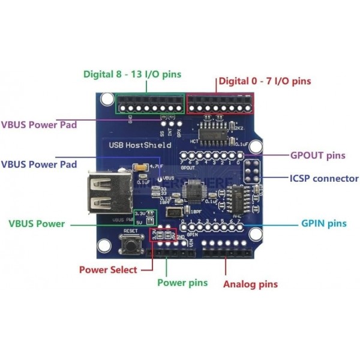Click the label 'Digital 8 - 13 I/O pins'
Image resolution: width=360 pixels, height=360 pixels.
click(x=131, y=74)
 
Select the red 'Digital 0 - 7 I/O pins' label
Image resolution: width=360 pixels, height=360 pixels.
click(x=264, y=80)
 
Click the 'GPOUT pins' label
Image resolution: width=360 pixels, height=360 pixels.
click(x=317, y=155)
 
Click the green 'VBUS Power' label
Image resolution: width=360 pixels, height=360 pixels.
click(x=37, y=224)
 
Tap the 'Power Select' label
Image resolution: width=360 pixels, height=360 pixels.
click(x=108, y=270)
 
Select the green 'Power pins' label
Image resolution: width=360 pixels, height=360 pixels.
click(x=182, y=282)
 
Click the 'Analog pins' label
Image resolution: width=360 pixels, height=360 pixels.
click(x=251, y=283)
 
